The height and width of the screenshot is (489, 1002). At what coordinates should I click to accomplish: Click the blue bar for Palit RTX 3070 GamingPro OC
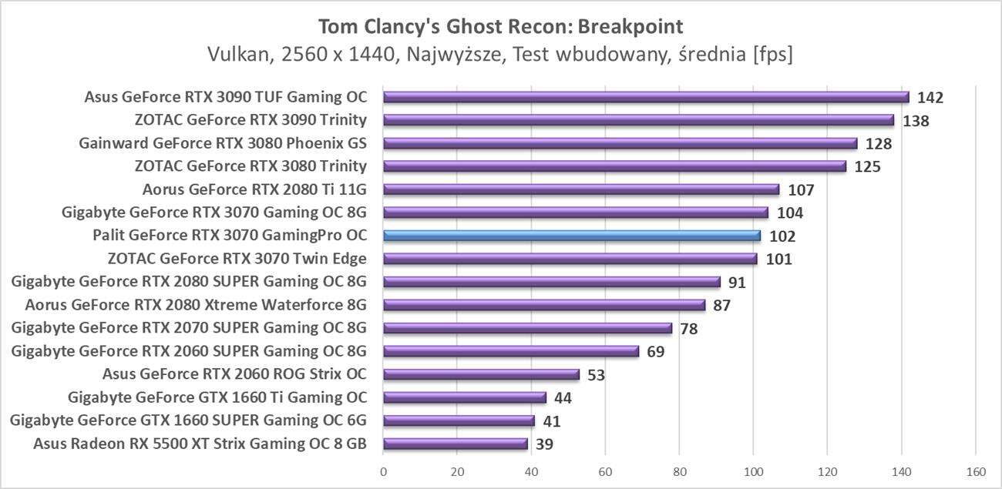click(x=571, y=236)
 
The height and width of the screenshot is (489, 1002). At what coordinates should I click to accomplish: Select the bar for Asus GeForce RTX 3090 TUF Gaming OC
click(x=646, y=97)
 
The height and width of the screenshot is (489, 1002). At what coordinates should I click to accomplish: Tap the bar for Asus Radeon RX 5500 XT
click(x=455, y=444)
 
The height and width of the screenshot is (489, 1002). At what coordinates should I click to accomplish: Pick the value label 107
click(x=801, y=190)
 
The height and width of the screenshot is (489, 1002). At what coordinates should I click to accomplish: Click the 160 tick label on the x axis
click(x=975, y=471)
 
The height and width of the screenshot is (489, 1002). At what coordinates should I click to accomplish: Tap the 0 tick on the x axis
click(x=383, y=471)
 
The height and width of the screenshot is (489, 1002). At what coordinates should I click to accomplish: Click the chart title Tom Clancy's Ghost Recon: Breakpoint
click(x=500, y=27)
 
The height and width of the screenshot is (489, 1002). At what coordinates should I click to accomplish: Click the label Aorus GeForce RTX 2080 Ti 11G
click(x=254, y=189)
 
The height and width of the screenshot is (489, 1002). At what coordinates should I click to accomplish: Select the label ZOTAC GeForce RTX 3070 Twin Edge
click(x=250, y=259)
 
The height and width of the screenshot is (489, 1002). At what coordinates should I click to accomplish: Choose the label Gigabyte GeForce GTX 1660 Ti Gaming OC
click(x=217, y=397)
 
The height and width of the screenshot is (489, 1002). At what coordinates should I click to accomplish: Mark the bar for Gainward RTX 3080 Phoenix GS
click(x=620, y=143)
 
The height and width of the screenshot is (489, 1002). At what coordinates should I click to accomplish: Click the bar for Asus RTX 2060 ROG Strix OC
click(x=481, y=374)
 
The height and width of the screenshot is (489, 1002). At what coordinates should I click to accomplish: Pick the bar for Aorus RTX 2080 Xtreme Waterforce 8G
click(x=544, y=305)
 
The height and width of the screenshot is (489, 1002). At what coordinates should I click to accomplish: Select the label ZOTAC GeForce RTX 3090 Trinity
click(x=250, y=120)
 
